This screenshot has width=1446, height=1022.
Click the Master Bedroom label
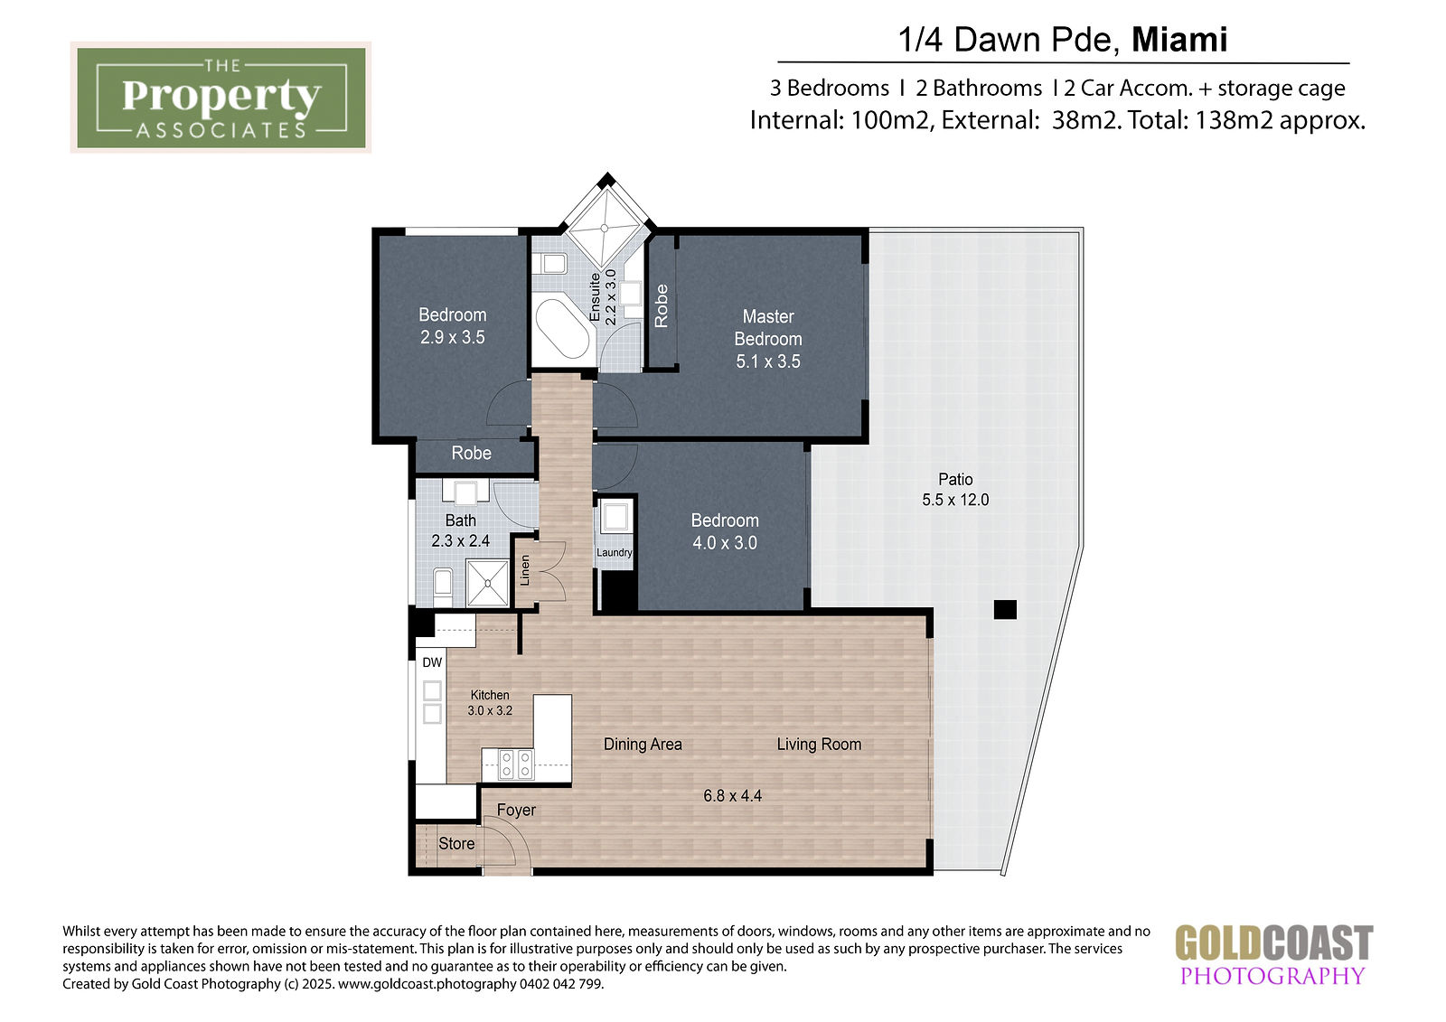tap(767, 339)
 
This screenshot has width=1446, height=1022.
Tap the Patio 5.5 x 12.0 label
tap(955, 490)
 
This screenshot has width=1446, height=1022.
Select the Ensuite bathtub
tap(562, 328)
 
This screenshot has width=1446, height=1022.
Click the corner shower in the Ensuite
tap(605, 227)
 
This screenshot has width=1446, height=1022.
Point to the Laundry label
tap(614, 553)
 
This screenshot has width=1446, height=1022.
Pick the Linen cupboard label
tap(525, 570)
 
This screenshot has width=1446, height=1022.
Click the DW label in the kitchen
tap(432, 662)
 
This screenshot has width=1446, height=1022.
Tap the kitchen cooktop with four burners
tap(516, 764)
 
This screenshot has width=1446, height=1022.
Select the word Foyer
tap(516, 810)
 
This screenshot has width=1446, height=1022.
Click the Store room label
tap(456, 843)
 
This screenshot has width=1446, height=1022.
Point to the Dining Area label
tap(643, 745)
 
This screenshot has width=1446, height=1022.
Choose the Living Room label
tap(819, 745)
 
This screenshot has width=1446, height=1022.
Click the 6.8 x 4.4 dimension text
tap(733, 796)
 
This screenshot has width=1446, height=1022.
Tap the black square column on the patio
tap(1005, 609)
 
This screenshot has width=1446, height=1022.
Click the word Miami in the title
tap(1179, 40)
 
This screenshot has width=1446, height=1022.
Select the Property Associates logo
tap(221, 98)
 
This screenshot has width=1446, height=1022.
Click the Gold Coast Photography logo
tap(1273, 954)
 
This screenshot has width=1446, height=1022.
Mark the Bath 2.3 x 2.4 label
tap(460, 530)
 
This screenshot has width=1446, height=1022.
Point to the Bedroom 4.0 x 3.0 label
tap(724, 531)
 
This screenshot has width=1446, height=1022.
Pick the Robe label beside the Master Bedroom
tap(661, 306)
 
